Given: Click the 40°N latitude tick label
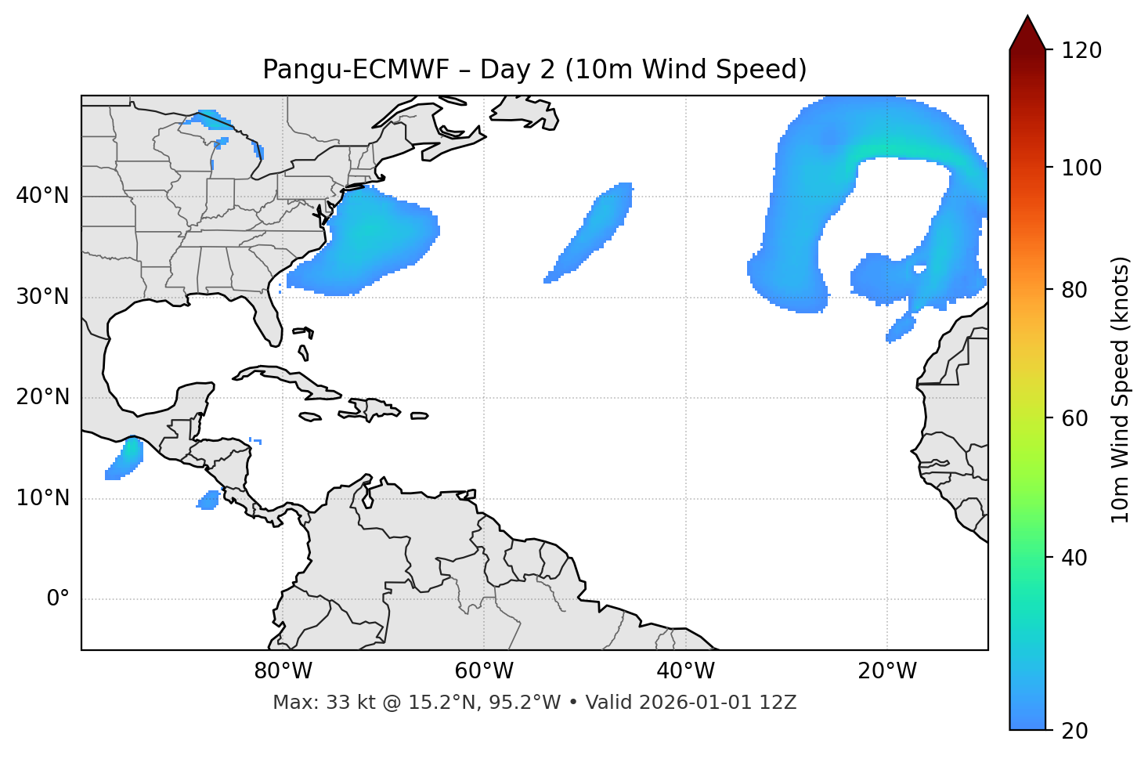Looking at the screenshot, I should pos(42,196).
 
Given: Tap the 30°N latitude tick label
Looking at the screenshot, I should pos(42,297).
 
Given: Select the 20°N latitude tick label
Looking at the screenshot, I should pos(42,397).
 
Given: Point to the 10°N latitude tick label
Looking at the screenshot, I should pos(42,498).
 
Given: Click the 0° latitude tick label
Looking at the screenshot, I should pos(57,599).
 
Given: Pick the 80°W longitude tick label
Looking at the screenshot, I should pos(283,671).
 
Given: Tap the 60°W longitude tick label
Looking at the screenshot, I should pos(484,671).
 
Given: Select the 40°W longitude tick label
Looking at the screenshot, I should pos(685,671).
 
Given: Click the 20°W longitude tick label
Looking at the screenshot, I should pos(886,671).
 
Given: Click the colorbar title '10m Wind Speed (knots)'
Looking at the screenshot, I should pos(1121,390).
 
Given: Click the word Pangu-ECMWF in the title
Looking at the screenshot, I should pos(356,70).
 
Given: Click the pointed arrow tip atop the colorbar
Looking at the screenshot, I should pos(1027,19).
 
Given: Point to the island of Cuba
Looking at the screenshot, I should pos(290,379).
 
